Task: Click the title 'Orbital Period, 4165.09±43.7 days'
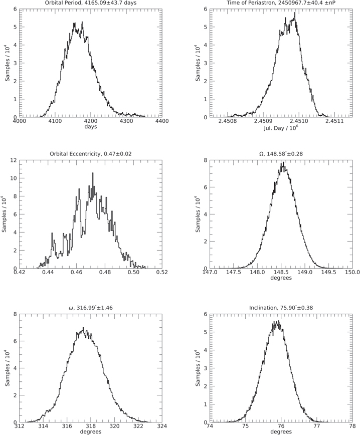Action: [x=91, y=4]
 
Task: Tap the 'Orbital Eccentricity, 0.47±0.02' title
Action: [x=91, y=154]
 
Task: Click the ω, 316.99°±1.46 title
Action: [x=91, y=307]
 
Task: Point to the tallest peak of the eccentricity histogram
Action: [x=92, y=173]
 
